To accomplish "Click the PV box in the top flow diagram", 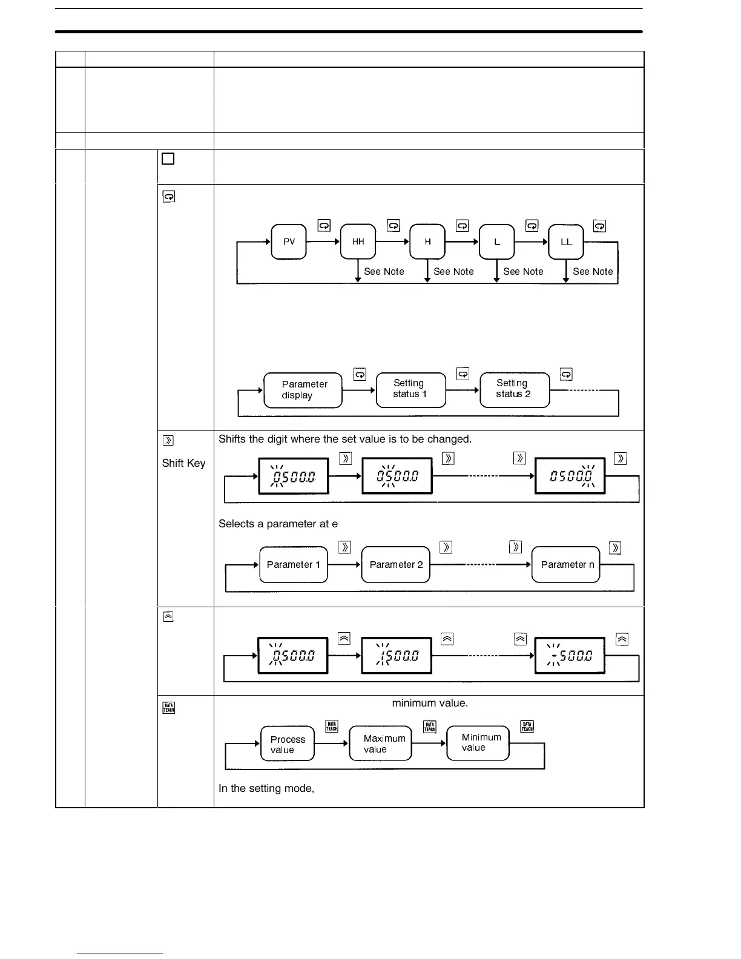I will [x=289, y=242].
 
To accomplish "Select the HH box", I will [x=358, y=242].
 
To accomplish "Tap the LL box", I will [x=566, y=242].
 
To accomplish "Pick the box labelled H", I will [x=427, y=242].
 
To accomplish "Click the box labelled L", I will [x=497, y=242].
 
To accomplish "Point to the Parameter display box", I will [x=303, y=390].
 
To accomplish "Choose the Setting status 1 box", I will [x=410, y=389].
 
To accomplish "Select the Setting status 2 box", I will [x=514, y=389].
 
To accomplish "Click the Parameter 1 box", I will [x=294, y=564].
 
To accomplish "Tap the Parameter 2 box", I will [x=396, y=564].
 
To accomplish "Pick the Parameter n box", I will [x=566, y=564].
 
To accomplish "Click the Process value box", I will [x=288, y=744].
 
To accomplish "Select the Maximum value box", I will [x=381, y=743].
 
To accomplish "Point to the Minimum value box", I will [x=478, y=742].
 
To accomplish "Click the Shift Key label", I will [x=184, y=463].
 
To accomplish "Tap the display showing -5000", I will [x=570, y=656].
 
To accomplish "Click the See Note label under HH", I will [x=384, y=272].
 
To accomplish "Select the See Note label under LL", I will [x=593, y=272].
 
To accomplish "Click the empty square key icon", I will [x=168, y=159].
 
